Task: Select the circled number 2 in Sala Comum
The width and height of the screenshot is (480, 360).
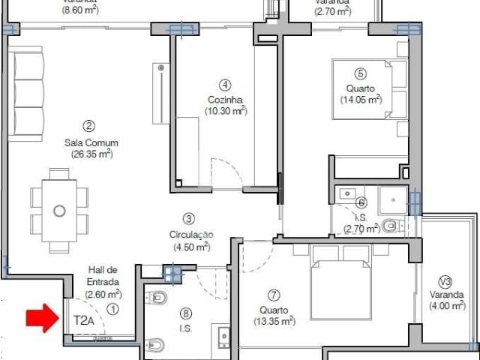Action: click(x=88, y=126)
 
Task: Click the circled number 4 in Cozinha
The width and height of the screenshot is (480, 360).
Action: click(x=225, y=85)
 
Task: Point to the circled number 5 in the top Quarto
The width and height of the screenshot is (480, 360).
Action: click(x=361, y=73)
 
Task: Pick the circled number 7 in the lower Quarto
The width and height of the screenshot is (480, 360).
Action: click(x=274, y=295)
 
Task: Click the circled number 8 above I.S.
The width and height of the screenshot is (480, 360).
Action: click(x=186, y=313)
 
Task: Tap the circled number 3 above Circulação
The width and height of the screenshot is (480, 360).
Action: click(x=189, y=219)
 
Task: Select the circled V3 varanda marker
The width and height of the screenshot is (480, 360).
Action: click(x=445, y=281)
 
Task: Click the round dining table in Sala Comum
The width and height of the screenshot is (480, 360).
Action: click(x=59, y=211)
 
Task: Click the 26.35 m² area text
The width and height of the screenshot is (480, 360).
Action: click(x=88, y=154)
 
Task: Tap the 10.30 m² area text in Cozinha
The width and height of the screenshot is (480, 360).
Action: click(x=226, y=111)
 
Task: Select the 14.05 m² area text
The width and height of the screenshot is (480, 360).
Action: click(x=361, y=99)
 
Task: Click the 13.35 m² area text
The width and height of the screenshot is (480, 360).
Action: click(x=274, y=321)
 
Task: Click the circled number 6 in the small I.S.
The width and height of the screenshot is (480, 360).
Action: click(x=361, y=202)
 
